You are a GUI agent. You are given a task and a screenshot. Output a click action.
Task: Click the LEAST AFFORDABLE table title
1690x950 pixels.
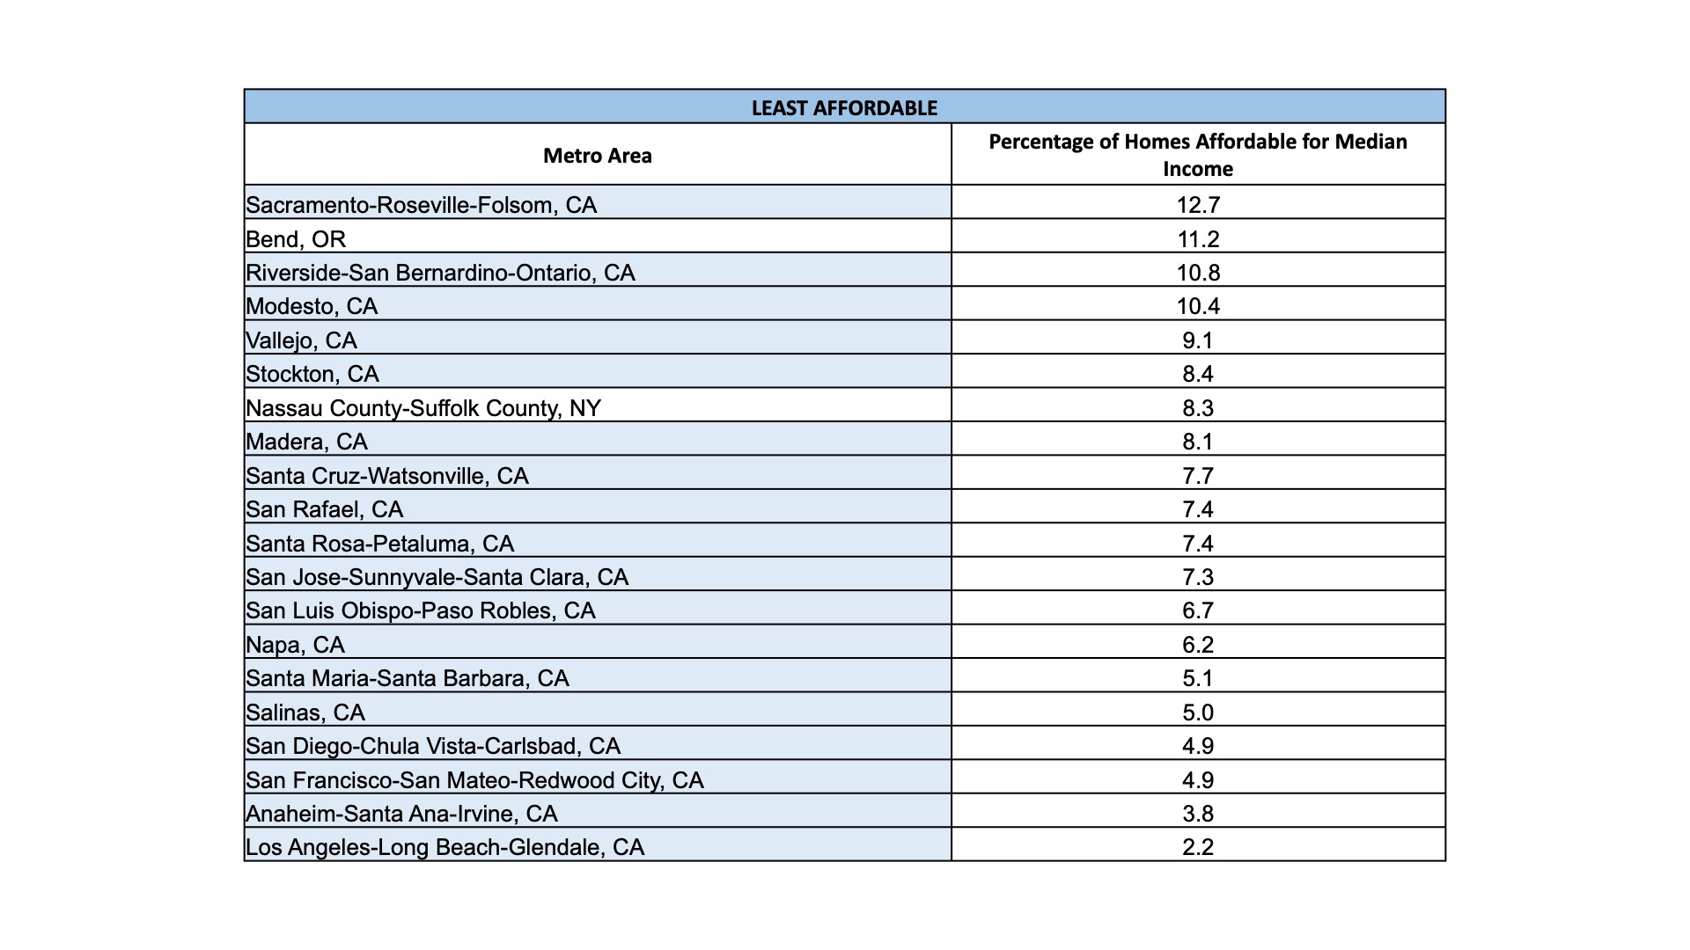point(844,108)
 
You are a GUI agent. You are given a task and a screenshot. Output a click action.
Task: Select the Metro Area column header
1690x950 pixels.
point(598,156)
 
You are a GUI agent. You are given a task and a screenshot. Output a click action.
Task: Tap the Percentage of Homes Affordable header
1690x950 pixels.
point(1198,155)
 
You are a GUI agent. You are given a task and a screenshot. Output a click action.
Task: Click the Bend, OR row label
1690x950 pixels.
point(296,239)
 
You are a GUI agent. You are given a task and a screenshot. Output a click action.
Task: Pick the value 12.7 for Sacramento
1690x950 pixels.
point(1198,205)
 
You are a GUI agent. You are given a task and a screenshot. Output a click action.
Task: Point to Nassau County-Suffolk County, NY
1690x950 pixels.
point(423,408)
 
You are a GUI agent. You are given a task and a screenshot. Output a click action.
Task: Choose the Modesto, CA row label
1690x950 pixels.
point(312,306)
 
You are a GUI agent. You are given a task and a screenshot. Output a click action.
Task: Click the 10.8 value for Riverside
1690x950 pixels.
point(1198,273)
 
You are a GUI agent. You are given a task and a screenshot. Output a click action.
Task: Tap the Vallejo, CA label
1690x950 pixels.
point(301,340)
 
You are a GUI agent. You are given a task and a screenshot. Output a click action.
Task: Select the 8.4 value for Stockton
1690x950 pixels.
point(1198,374)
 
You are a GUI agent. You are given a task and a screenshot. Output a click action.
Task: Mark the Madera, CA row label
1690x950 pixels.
point(306,442)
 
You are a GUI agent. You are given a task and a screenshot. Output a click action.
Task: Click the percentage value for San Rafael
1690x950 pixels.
point(1198,509)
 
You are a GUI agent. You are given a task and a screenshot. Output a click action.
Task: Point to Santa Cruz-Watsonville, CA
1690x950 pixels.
point(387,476)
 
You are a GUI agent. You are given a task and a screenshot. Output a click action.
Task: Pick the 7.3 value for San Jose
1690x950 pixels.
point(1198,577)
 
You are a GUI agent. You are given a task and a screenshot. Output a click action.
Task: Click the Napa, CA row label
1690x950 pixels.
point(295,645)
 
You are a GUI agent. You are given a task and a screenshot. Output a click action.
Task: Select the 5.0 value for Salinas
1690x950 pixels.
point(1198,712)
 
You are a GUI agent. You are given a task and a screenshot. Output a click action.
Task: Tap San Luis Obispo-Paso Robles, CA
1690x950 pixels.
point(421,610)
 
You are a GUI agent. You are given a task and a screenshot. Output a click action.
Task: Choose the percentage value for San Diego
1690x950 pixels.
point(1198,746)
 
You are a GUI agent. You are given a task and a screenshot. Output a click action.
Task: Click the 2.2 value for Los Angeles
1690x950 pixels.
point(1198,847)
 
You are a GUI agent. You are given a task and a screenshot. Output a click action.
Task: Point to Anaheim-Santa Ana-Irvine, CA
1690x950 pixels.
point(401,814)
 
